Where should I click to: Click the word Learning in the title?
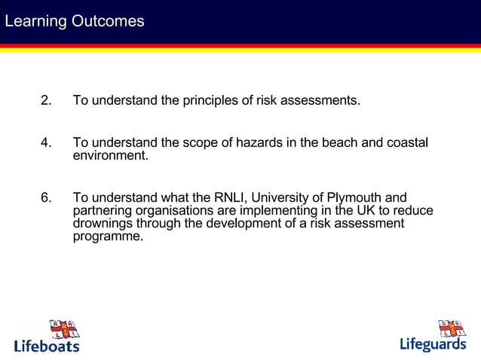[35, 21]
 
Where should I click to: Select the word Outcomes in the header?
[107, 21]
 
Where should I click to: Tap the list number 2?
[46, 100]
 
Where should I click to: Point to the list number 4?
[46, 143]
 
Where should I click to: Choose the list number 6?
[46, 198]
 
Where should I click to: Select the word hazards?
[260, 143]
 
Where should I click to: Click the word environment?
[110, 156]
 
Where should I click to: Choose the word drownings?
[105, 224]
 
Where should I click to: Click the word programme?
[108, 236]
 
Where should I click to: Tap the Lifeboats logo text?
[46, 346]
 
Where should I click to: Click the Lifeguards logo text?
[433, 345]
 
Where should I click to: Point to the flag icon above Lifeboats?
[63, 329]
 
